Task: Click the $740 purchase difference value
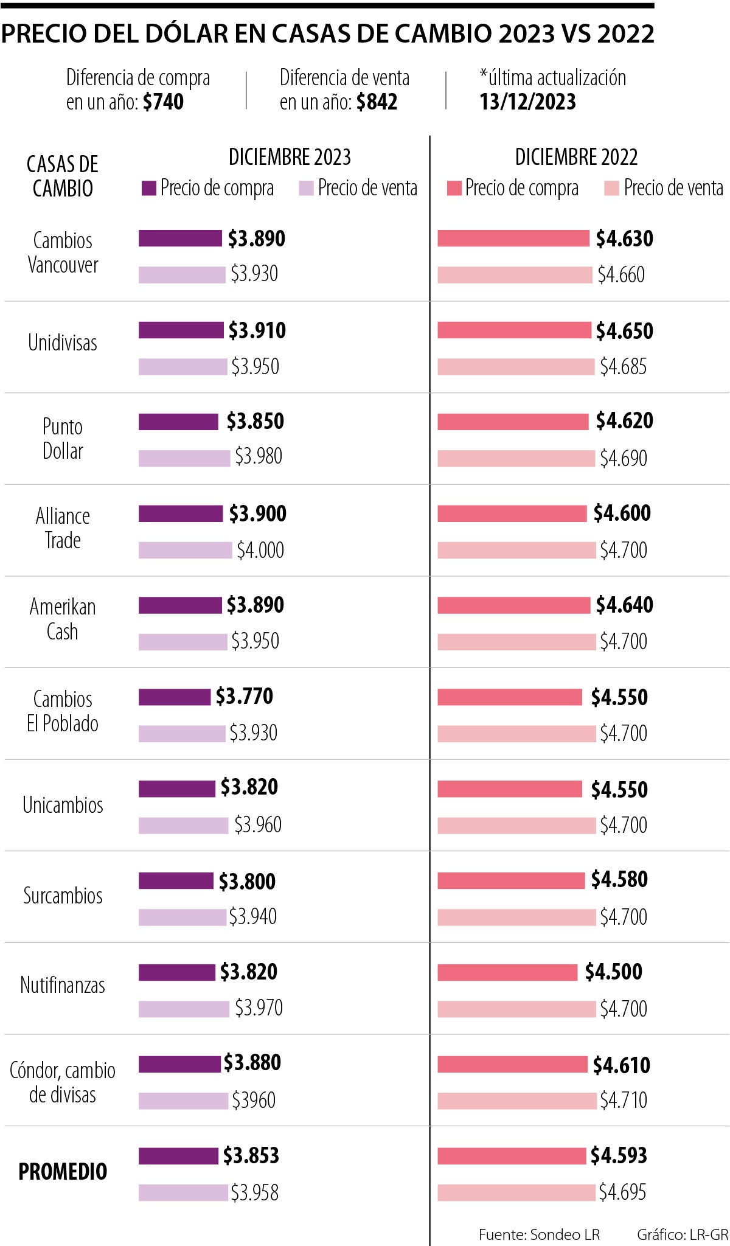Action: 163,102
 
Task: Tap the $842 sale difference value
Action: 377,102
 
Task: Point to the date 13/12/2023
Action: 527,102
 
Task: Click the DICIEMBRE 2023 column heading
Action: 290,157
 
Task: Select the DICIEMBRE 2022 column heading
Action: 576,157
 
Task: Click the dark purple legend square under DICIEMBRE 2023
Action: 148,188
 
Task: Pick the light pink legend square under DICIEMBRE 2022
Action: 611,188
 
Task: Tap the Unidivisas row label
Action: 63,343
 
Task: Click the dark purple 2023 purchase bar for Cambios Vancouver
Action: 180,238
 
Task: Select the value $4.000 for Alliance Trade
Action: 260,550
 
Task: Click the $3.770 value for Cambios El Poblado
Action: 245,696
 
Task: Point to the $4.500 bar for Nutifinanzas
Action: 507,972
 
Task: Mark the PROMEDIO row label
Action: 63,1171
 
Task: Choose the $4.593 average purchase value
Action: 619,1155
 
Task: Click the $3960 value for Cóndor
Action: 254,1100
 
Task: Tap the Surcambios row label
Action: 63,896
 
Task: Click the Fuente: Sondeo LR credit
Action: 539,1234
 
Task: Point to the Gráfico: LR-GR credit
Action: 682,1234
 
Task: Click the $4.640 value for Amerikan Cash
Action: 624,605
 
